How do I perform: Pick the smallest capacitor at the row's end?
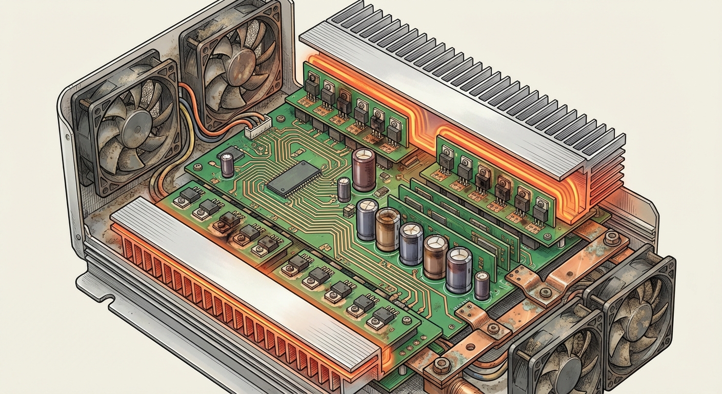tap(482, 286)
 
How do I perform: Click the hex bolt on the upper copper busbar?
tap(610, 238)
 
